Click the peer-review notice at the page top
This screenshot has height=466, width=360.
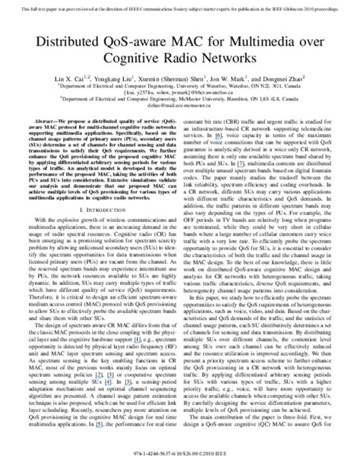pos(180,5)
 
